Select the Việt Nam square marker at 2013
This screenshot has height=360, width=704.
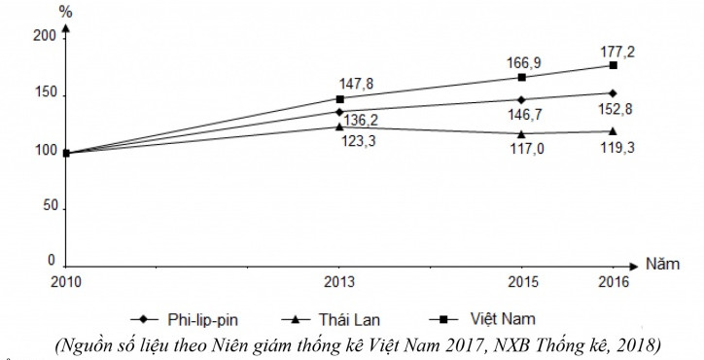[x=339, y=99]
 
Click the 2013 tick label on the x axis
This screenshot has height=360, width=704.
[x=338, y=282]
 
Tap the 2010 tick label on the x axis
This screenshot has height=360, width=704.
[x=66, y=282]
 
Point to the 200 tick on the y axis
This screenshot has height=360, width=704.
[x=45, y=37]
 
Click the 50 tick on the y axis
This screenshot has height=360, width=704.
[x=49, y=207]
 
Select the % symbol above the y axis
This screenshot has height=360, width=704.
[x=66, y=13]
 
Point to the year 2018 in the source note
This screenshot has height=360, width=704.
[x=641, y=343]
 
